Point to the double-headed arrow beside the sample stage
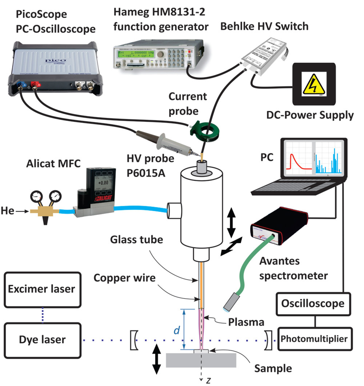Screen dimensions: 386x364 (156, 359)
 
